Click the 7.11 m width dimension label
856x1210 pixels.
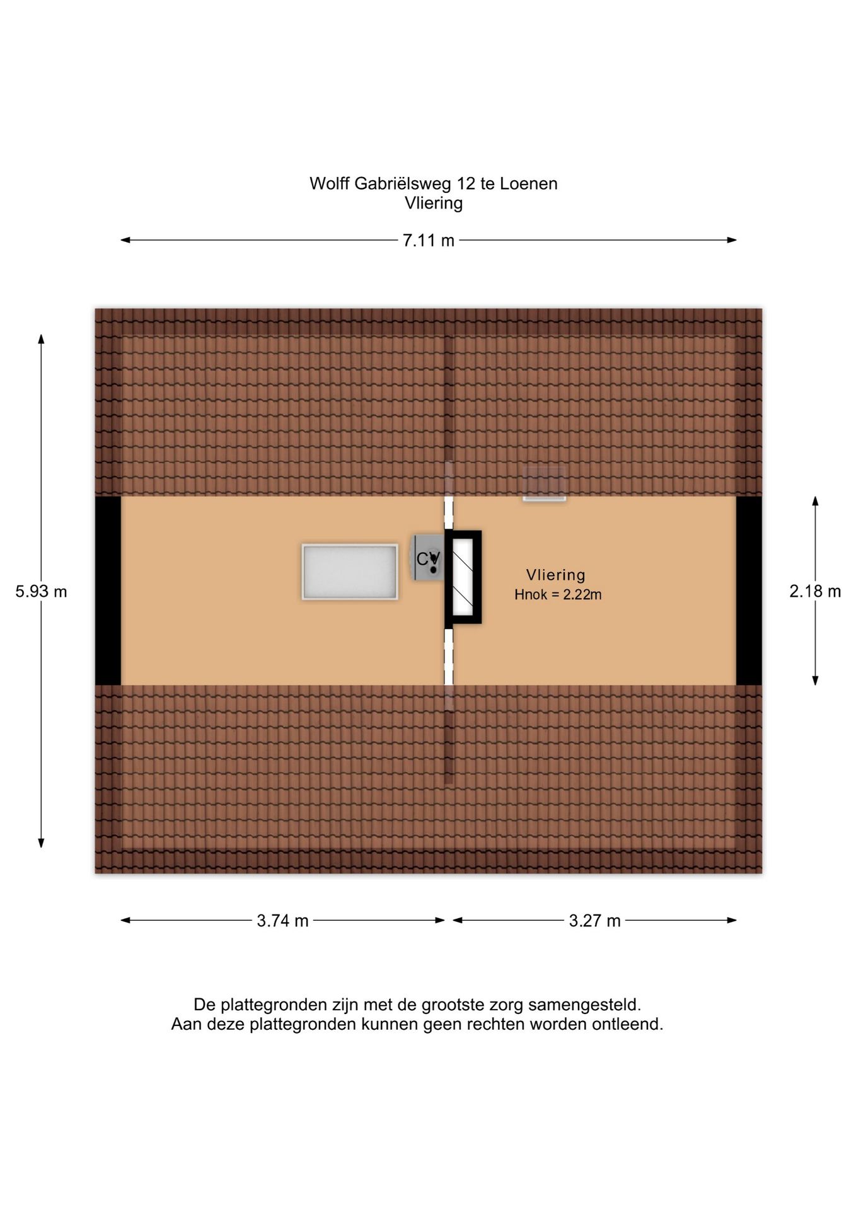[428, 240]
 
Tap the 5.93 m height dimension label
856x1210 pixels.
[41, 591]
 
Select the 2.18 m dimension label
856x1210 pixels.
[815, 591]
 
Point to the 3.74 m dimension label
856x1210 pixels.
[282, 921]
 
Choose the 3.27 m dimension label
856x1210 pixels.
[594, 921]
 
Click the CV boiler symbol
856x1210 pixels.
[428, 558]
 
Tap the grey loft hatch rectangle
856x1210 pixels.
[350, 572]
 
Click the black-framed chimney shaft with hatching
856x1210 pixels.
[463, 577]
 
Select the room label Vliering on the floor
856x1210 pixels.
[555, 575]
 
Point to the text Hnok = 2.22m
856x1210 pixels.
[558, 594]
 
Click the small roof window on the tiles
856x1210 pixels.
[544, 484]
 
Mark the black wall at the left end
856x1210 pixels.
[108, 591]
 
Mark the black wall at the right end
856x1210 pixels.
[749, 591]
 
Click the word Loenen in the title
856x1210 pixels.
[529, 183]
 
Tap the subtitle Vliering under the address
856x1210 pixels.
[434, 203]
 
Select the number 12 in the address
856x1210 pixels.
[466, 183]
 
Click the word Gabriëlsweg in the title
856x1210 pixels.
[403, 184]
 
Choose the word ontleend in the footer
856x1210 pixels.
[627, 1024]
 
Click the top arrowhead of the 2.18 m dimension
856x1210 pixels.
[815, 501]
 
